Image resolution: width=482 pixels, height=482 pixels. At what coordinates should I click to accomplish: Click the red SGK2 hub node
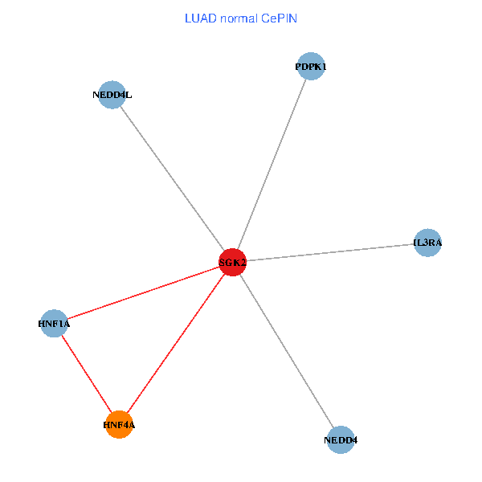(232, 262)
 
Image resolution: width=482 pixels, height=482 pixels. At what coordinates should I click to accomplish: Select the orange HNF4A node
(119, 424)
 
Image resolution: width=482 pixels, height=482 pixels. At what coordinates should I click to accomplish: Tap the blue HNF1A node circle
(54, 324)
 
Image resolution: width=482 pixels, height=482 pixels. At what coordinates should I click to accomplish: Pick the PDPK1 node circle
(310, 67)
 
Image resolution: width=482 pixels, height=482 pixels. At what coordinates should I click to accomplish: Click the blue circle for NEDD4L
(112, 95)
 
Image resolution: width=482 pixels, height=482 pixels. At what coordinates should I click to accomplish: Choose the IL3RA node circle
(427, 242)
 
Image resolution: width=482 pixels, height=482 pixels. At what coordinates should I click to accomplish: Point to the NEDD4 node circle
(341, 439)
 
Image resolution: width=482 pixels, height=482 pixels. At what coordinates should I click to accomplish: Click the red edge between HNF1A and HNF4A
(86, 374)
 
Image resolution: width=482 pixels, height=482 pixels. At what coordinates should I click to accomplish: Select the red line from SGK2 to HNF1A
(143, 293)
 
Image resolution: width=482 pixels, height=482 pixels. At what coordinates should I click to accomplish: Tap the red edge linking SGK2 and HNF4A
(175, 343)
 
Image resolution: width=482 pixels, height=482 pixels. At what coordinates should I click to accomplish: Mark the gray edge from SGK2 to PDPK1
(272, 164)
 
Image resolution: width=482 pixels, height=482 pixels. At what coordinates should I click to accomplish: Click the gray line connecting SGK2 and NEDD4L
(172, 178)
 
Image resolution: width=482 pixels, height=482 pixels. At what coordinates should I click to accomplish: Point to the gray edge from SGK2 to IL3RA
(329, 251)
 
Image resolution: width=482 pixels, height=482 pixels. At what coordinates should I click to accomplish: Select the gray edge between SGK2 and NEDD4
(286, 350)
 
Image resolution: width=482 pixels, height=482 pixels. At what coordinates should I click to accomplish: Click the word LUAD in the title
(200, 18)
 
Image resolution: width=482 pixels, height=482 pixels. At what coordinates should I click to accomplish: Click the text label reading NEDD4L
(112, 96)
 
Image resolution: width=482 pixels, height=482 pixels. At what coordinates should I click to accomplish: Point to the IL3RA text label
(427, 243)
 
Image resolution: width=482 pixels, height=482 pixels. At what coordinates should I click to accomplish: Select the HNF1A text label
(54, 325)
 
